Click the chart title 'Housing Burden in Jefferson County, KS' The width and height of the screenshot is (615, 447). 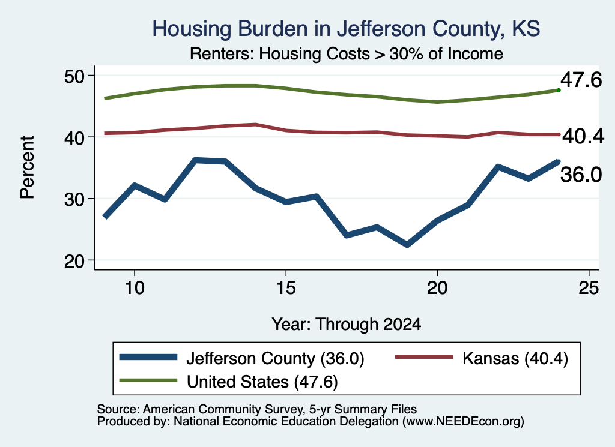pyautogui.click(x=346, y=29)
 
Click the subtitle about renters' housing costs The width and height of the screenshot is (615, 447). pyautogui.click(x=347, y=53)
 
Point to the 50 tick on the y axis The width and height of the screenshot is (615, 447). pyautogui.click(x=74, y=76)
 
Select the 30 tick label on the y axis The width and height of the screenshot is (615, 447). pyautogui.click(x=74, y=199)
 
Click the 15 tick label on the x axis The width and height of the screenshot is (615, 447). pyautogui.click(x=286, y=288)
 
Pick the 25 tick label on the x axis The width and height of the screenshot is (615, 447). pyautogui.click(x=589, y=288)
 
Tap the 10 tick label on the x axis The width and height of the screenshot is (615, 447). pyautogui.click(x=135, y=288)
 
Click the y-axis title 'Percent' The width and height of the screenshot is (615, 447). pyautogui.click(x=27, y=167)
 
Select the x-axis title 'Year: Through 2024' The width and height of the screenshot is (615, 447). pyautogui.click(x=347, y=325)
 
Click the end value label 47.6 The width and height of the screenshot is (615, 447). pyautogui.click(x=581, y=80)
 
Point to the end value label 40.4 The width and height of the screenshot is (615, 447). pyautogui.click(x=583, y=136)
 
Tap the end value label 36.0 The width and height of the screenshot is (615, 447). pyautogui.click(x=581, y=175)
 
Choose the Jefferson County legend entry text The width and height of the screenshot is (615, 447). pyautogui.click(x=275, y=358)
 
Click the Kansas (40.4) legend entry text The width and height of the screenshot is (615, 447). pyautogui.click(x=515, y=358)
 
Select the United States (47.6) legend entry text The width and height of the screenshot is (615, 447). pyautogui.click(x=262, y=382)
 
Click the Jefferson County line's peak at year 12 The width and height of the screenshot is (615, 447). pyautogui.click(x=195, y=160)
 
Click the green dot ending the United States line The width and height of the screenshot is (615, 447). pyautogui.click(x=559, y=91)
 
